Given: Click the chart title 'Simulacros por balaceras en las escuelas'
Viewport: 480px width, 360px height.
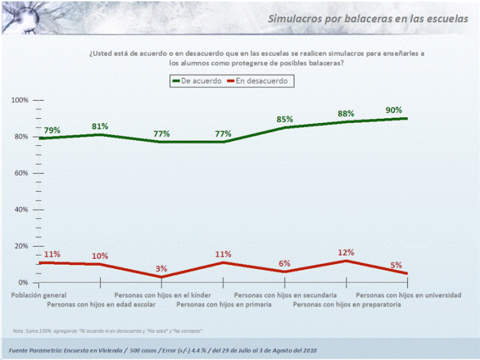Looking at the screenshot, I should click(x=368, y=19).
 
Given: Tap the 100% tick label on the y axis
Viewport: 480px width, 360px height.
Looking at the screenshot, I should click(x=21, y=100).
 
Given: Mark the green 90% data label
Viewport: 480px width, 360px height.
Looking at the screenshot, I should click(x=394, y=110).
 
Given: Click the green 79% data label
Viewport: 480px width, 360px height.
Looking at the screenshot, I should click(x=52, y=130).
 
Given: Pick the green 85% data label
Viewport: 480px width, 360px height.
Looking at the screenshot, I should click(x=285, y=119).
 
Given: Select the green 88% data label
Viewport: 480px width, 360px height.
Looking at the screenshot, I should click(x=346, y=114).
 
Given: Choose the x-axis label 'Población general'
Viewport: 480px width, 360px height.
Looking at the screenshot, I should click(x=39, y=294).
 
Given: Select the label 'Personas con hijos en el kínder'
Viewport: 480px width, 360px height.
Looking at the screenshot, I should click(x=162, y=294).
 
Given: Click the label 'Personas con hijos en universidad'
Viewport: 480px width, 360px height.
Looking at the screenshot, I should click(x=408, y=294).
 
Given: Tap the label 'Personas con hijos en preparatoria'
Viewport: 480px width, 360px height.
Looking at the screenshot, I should click(x=347, y=304).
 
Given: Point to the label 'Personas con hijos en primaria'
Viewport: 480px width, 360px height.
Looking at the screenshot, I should click(x=224, y=304).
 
